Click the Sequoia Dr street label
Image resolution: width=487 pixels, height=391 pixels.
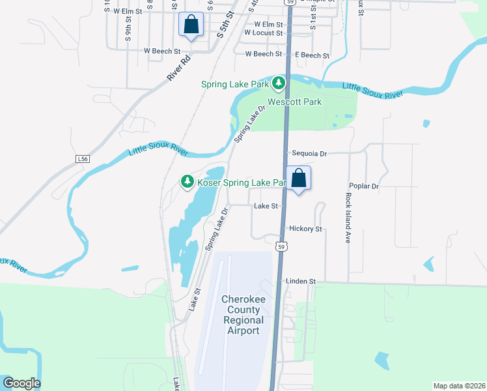(x=309, y=154)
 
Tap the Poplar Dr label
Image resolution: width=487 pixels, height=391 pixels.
(x=363, y=186)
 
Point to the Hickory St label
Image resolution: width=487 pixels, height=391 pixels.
(x=305, y=229)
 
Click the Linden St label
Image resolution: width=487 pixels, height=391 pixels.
(x=300, y=282)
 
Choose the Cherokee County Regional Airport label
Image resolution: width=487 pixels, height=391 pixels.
(x=243, y=315)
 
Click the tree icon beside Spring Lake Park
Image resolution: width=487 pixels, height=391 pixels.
(x=279, y=83)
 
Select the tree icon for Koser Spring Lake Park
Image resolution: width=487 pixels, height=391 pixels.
(x=188, y=181)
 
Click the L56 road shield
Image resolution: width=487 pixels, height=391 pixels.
(x=82, y=159)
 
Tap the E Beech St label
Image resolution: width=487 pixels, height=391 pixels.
(x=312, y=55)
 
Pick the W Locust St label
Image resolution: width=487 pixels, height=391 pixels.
(x=263, y=33)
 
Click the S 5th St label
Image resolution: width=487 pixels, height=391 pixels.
(x=225, y=24)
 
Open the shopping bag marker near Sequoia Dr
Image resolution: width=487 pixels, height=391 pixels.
(x=299, y=179)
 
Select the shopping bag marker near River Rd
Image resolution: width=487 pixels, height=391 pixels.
(x=191, y=25)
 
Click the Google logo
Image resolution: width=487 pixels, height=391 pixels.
(x=21, y=383)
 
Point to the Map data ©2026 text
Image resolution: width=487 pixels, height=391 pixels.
(x=459, y=386)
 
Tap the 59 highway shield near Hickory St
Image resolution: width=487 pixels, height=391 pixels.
(x=281, y=246)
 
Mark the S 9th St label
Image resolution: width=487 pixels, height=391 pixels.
(x=129, y=30)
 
